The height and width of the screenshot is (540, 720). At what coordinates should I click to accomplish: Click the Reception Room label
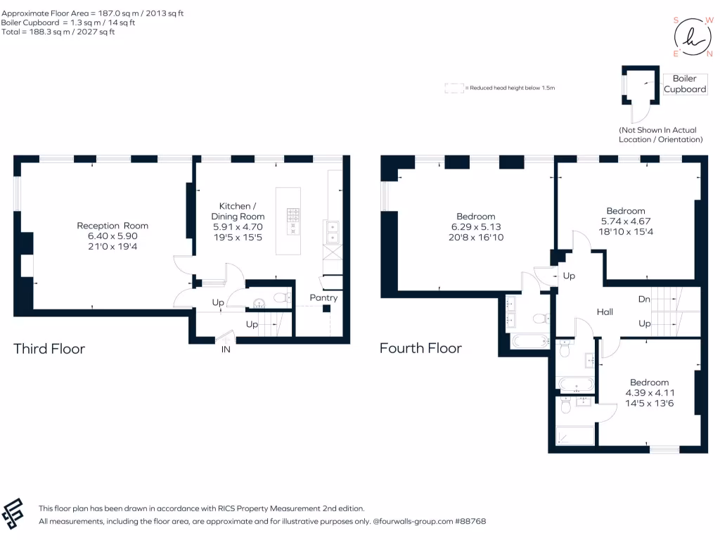point(112,226)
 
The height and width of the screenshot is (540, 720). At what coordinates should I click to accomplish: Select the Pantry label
point(323,297)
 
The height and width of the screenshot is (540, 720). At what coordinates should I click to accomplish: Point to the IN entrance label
point(226,349)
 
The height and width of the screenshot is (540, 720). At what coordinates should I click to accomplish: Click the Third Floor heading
point(49,348)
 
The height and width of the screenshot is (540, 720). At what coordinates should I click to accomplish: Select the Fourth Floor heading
point(420,348)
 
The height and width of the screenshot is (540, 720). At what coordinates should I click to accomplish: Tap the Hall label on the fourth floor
point(606,311)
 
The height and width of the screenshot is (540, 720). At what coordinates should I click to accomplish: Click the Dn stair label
point(643,298)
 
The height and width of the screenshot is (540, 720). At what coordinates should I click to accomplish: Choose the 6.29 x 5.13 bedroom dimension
point(475,227)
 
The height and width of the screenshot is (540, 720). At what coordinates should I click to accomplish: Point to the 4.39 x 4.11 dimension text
point(649,393)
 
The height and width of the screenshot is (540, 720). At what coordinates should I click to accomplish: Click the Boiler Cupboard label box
point(685,84)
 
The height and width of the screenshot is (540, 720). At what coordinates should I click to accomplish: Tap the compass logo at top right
point(693,37)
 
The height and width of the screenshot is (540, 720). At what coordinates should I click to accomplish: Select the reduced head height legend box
point(454,88)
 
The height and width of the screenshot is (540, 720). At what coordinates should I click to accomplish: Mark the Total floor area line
point(58,32)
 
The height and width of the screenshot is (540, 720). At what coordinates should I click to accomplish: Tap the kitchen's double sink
point(330,231)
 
